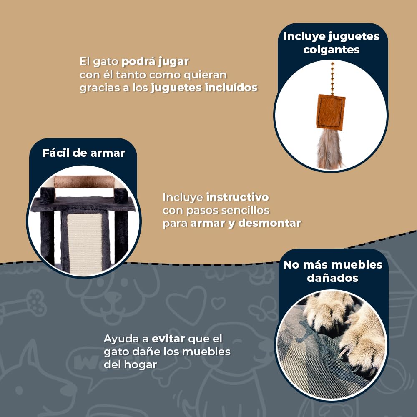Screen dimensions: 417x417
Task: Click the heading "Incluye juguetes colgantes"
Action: point(331,43)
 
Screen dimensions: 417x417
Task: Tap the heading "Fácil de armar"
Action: point(84,153)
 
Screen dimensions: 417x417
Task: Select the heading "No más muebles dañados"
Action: point(333,271)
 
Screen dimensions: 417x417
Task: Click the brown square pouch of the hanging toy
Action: point(331,112)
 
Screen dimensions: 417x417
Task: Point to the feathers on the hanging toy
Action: point(329,149)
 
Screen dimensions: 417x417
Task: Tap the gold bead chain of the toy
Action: point(332,78)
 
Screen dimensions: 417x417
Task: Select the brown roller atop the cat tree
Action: point(84,182)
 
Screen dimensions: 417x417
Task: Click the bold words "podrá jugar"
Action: point(155,62)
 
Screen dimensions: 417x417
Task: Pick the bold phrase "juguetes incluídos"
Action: point(204,88)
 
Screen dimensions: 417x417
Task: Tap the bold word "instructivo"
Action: point(238,197)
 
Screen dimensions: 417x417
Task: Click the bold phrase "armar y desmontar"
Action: point(246,223)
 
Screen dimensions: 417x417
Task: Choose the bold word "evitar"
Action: point(168,339)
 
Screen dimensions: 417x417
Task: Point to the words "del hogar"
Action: point(130,364)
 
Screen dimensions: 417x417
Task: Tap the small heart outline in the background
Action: point(218,303)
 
